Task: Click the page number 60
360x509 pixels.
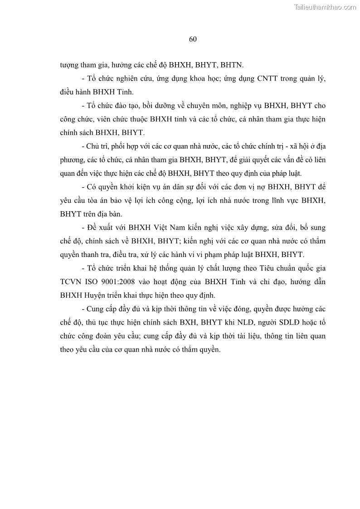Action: tap(193, 39)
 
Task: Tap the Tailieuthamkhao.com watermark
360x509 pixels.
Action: tap(325, 7)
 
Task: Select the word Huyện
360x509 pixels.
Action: tap(94, 295)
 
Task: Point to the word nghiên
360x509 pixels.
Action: tap(134, 79)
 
